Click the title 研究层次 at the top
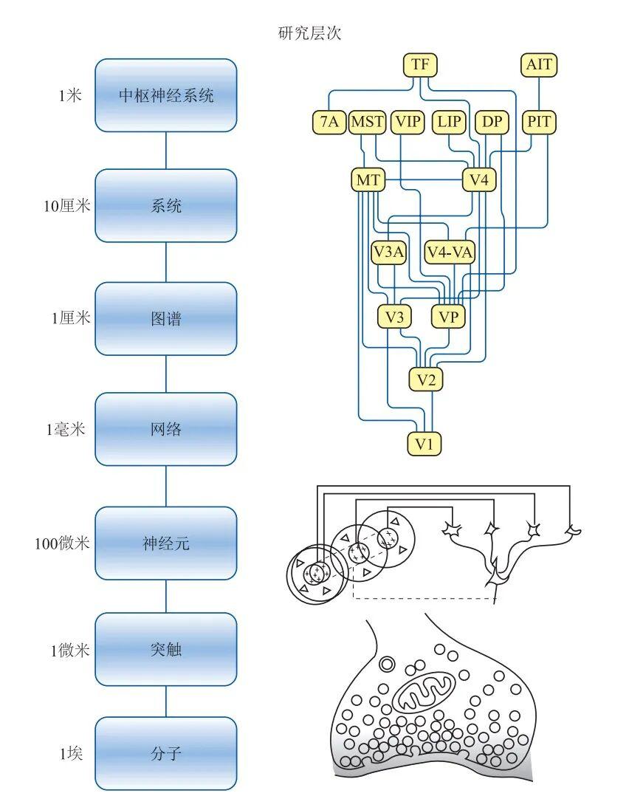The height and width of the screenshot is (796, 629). coord(310,33)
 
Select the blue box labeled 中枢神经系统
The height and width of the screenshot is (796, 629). coord(166,95)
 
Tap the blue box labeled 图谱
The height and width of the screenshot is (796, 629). coord(166,319)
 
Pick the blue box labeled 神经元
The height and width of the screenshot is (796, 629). coord(166,543)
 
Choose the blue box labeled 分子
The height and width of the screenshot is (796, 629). coord(166,754)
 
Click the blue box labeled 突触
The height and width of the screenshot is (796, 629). coord(166,650)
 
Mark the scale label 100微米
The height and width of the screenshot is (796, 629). coord(62,543)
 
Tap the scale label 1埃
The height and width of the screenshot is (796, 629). coord(72,754)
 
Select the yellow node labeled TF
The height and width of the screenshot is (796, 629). coord(420,64)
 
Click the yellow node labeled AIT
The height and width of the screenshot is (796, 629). coord(538,64)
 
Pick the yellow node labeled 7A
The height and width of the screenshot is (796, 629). coord(329,121)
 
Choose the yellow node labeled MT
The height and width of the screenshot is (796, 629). coord(367,179)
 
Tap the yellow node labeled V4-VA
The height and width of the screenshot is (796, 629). coord(450,253)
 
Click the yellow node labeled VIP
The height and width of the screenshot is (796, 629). coord(408,121)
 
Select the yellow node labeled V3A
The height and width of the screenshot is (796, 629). coord(389,253)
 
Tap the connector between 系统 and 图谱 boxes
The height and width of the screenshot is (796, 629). coord(166,262)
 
